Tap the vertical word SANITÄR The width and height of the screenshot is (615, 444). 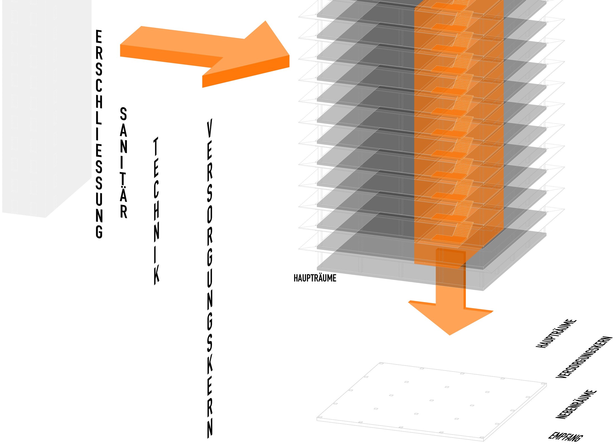(x=124, y=163)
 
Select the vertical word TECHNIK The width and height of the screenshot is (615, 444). (x=157, y=211)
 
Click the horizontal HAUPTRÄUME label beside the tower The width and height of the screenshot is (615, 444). (x=315, y=278)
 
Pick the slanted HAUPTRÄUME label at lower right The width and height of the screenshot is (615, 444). (x=556, y=333)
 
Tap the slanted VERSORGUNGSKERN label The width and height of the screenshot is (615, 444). (x=584, y=357)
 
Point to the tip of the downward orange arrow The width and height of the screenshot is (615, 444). (x=450, y=335)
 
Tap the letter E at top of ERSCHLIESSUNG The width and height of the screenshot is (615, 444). (x=99, y=37)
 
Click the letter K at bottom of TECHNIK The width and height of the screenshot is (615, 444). (x=157, y=275)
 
